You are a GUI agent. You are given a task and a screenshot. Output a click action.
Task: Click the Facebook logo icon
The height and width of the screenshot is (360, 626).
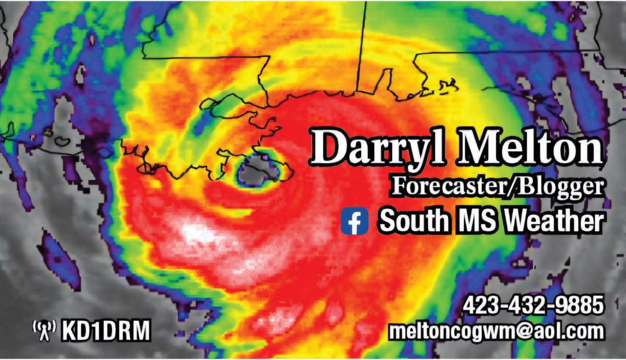(x=354, y=221)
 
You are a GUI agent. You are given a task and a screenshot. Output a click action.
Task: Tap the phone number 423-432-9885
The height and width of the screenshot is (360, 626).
(x=533, y=305)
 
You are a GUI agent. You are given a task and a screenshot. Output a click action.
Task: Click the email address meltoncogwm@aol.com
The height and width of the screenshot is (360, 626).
(x=496, y=331)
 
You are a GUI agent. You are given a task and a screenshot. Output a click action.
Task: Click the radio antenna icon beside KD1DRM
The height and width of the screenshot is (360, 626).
(x=44, y=330)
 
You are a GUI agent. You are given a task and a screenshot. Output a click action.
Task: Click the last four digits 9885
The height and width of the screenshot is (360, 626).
(x=582, y=305)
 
